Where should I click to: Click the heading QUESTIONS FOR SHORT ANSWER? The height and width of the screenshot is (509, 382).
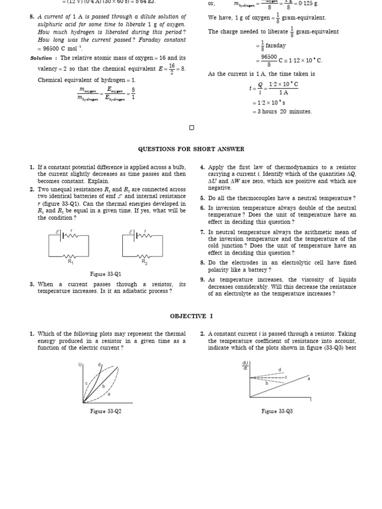pyautogui.click(x=191, y=149)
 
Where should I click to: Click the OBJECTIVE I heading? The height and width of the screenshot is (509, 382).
pyautogui.click(x=191, y=316)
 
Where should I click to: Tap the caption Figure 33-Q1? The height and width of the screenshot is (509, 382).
pyautogui.click(x=105, y=274)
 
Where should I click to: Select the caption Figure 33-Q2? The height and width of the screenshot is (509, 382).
pyautogui.click(x=105, y=411)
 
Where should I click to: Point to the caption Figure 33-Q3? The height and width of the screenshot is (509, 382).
pyautogui.click(x=277, y=411)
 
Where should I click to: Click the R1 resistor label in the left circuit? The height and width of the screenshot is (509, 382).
pyautogui.click(x=70, y=261)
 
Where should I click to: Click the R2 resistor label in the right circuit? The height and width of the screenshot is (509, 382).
pyautogui.click(x=144, y=261)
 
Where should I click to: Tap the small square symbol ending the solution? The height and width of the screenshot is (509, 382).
pyautogui.click(x=192, y=128)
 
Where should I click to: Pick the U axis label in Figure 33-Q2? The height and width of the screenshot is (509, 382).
pyautogui.click(x=80, y=365)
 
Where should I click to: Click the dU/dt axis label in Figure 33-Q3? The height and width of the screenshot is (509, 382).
pyautogui.click(x=245, y=365)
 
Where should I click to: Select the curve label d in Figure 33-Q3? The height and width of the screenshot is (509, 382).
pyautogui.click(x=280, y=370)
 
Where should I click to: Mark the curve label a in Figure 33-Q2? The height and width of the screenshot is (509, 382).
pyautogui.click(x=109, y=394)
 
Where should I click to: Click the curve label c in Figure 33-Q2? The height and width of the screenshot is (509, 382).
pyautogui.click(x=87, y=383)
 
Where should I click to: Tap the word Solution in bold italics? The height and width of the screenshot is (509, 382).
pyautogui.click(x=41, y=58)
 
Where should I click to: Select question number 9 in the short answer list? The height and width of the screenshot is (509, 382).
pyautogui.click(x=202, y=280)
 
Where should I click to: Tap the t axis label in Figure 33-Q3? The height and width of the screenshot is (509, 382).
pyautogui.click(x=311, y=399)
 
